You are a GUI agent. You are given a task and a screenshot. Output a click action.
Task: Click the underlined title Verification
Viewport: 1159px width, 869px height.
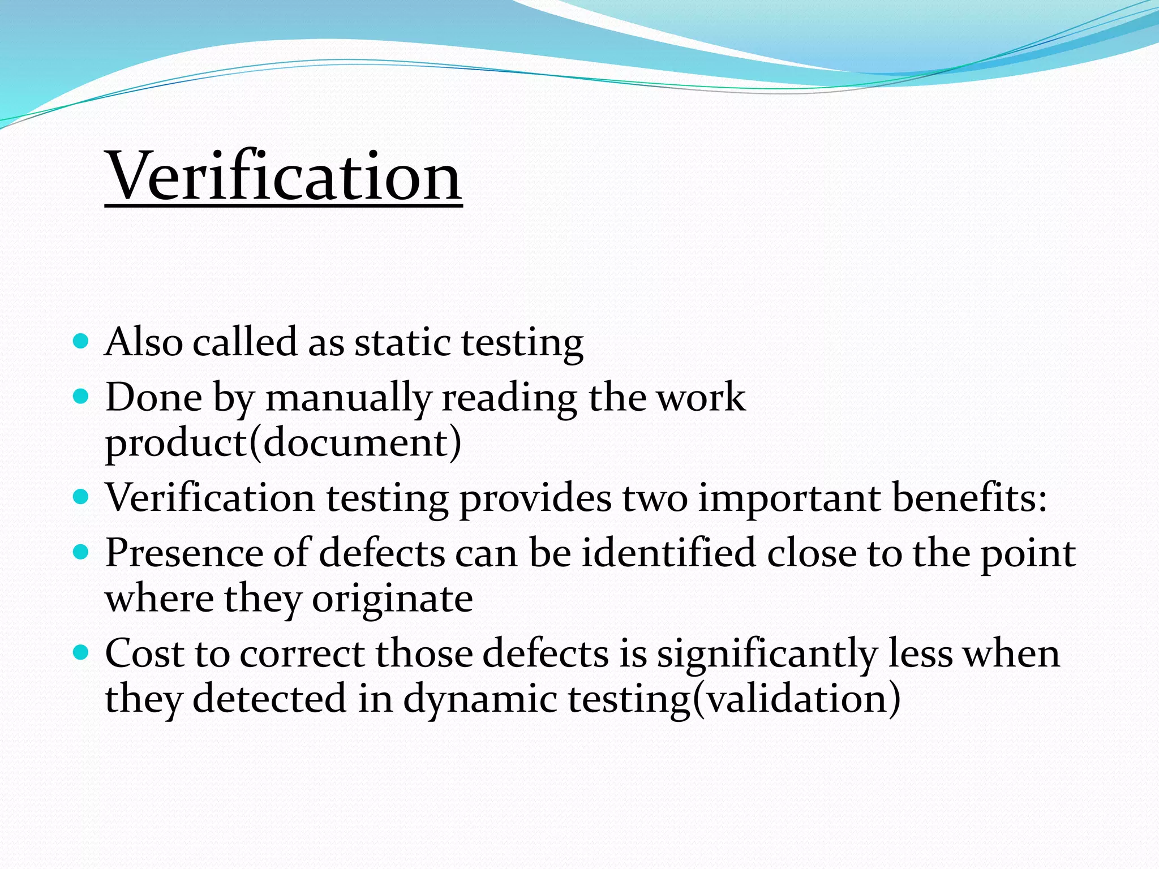point(284,177)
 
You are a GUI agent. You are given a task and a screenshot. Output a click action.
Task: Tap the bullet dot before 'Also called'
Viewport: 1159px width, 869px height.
point(81,342)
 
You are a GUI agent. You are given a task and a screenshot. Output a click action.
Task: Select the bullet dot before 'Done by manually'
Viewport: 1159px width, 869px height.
point(81,397)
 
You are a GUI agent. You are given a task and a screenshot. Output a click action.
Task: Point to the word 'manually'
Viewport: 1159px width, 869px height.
point(349,398)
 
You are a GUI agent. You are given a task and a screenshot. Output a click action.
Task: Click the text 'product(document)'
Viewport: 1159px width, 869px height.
point(283,442)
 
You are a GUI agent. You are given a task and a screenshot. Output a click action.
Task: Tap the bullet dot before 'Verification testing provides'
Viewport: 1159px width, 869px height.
point(81,497)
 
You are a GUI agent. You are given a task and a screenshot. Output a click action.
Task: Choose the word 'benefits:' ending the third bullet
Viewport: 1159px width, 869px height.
point(969,498)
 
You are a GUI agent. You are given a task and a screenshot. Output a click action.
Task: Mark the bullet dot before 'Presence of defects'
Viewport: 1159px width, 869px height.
point(81,552)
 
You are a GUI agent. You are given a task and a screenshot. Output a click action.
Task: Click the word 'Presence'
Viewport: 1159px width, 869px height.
point(184,553)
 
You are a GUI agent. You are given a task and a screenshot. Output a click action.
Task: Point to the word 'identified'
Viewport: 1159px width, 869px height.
point(669,553)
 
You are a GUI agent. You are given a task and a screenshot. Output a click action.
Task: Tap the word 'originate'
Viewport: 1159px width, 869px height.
point(392,599)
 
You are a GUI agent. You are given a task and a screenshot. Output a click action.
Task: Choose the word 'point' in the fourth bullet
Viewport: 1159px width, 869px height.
point(1028,554)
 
